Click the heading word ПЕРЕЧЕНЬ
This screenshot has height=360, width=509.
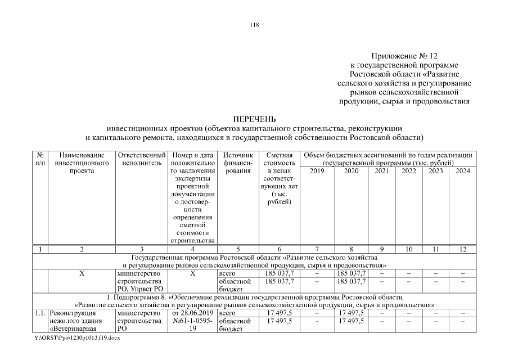(x=254, y=119)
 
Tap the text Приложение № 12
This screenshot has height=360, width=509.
(x=404, y=56)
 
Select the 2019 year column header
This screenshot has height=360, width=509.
(x=318, y=171)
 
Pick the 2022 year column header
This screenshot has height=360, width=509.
(x=409, y=171)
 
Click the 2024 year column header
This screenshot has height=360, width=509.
(x=462, y=171)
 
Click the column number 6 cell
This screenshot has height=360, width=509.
(x=280, y=248)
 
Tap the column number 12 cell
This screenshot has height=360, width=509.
(x=462, y=248)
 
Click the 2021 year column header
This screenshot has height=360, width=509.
(x=381, y=171)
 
